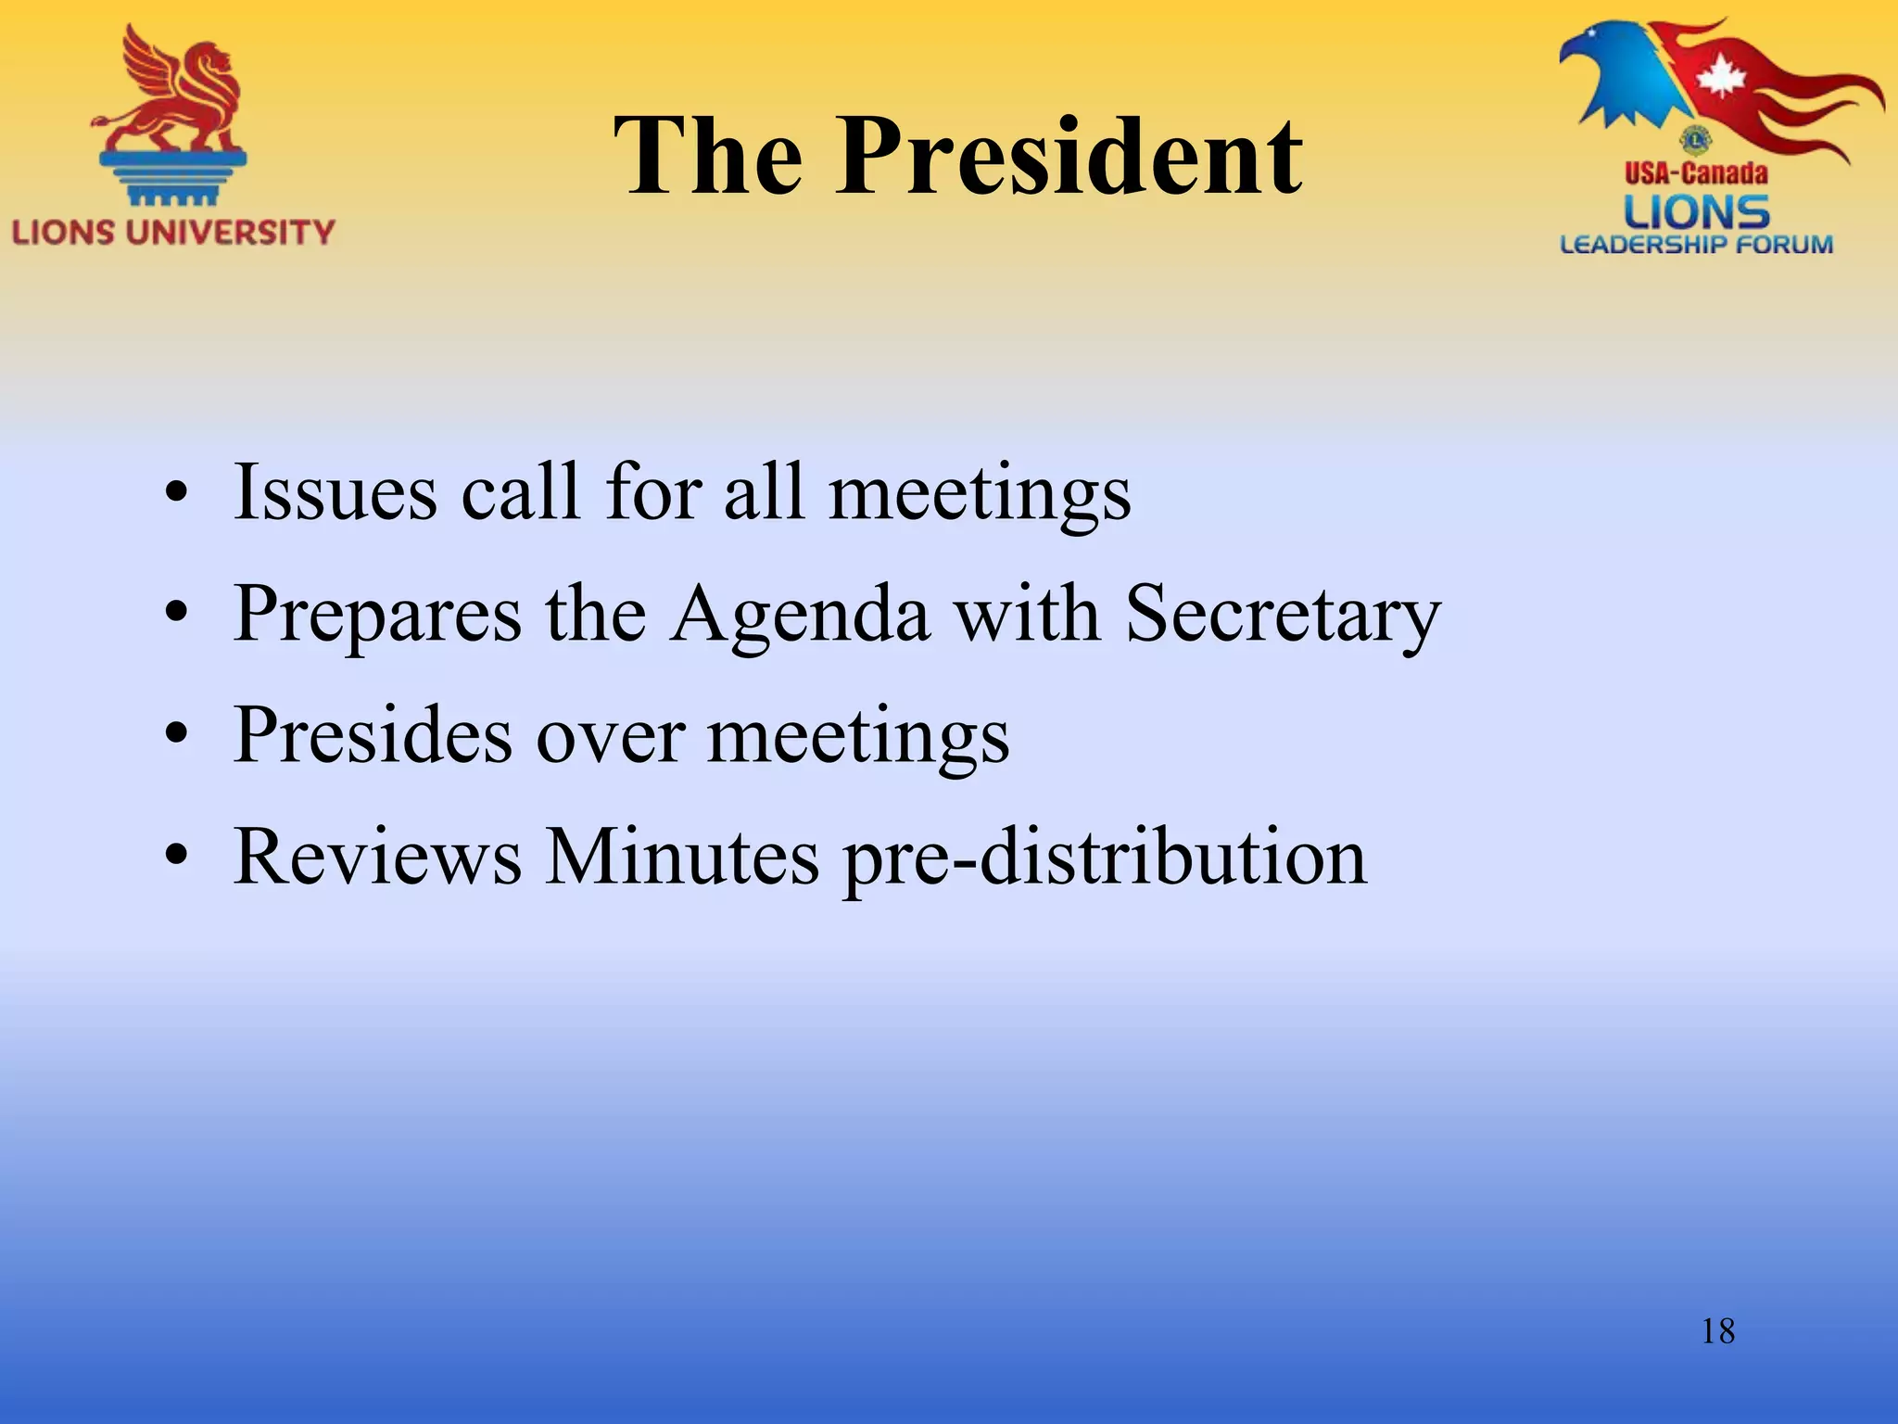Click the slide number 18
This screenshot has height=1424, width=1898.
tap(1717, 1331)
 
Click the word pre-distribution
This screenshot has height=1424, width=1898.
tap(1104, 858)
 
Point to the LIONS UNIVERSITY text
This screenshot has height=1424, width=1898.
tap(173, 231)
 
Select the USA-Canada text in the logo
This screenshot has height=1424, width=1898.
tap(1696, 172)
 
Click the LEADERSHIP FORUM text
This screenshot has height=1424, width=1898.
tap(1696, 245)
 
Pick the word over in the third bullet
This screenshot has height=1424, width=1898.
tap(611, 736)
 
